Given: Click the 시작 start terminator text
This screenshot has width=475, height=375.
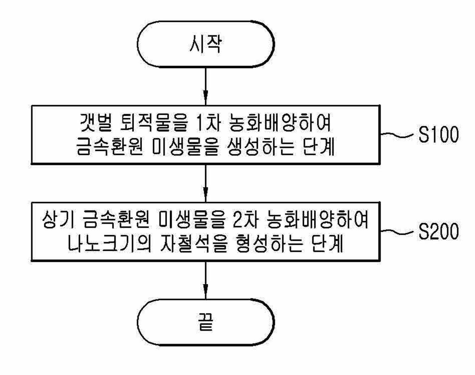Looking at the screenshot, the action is coord(205,44).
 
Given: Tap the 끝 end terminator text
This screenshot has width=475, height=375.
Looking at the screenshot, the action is coord(205,322).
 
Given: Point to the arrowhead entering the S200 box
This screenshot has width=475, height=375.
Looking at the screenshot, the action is coord(205,194).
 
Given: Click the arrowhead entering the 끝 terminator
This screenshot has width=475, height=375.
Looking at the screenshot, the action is coord(205,291).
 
